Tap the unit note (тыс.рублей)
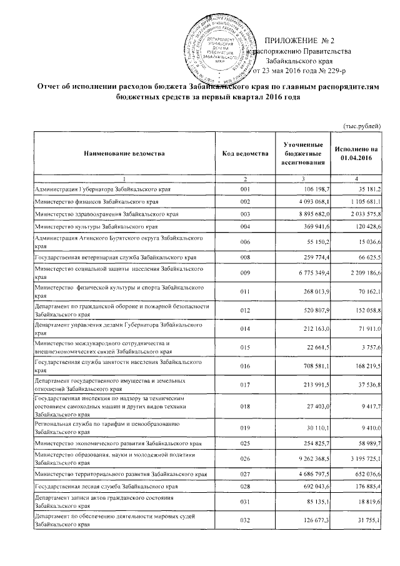pos(362,126)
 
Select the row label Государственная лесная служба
pos(106,486)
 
